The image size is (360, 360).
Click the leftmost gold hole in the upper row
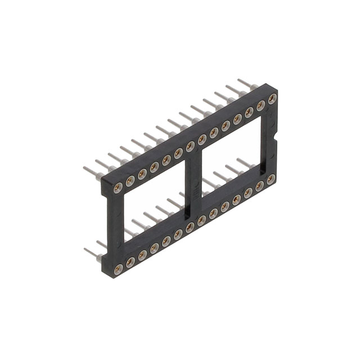coord(118,187)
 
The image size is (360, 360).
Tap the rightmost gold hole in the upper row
coord(272,99)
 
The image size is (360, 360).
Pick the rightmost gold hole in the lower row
coord(271,179)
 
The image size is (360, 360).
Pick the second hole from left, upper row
coord(130,180)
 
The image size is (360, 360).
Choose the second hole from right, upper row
coord(260,105)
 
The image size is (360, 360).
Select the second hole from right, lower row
coord(259,186)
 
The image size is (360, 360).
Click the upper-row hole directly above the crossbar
coord(190,146)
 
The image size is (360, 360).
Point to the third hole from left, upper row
coord(142,173)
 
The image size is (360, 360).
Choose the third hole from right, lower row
coord(248,192)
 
